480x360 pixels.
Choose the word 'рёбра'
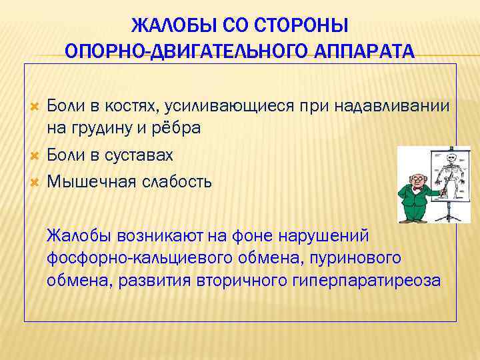179,128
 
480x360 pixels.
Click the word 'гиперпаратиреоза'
367,280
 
